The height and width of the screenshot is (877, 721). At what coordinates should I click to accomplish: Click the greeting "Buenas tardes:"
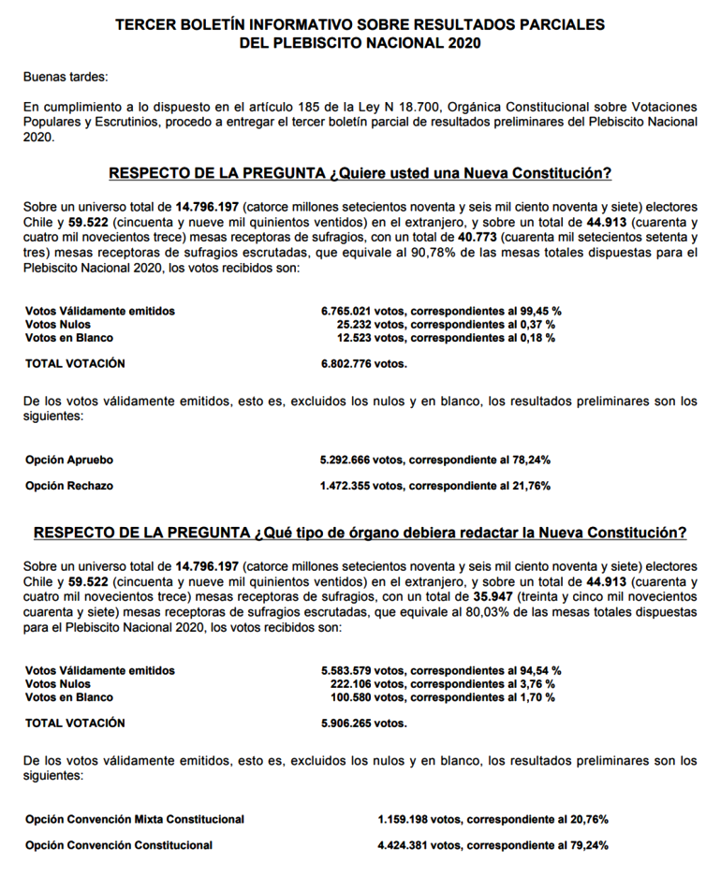click(66, 77)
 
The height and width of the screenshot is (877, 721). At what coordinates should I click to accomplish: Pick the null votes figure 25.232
click(358, 324)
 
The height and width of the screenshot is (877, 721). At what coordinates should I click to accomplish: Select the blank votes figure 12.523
click(358, 337)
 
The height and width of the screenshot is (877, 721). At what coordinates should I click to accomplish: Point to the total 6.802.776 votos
click(363, 363)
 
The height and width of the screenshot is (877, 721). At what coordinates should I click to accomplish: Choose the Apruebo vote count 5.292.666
click(348, 460)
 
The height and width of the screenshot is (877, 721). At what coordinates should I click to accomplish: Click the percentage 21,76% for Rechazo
click(530, 486)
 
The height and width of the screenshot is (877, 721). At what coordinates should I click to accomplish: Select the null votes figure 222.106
click(354, 683)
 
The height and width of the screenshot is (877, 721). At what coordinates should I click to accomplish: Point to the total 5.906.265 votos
click(363, 723)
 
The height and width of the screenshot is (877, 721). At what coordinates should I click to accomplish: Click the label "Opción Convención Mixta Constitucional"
click(135, 819)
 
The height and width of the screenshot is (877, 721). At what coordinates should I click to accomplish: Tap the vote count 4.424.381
click(405, 845)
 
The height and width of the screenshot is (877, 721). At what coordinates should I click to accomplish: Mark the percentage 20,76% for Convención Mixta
click(588, 819)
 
